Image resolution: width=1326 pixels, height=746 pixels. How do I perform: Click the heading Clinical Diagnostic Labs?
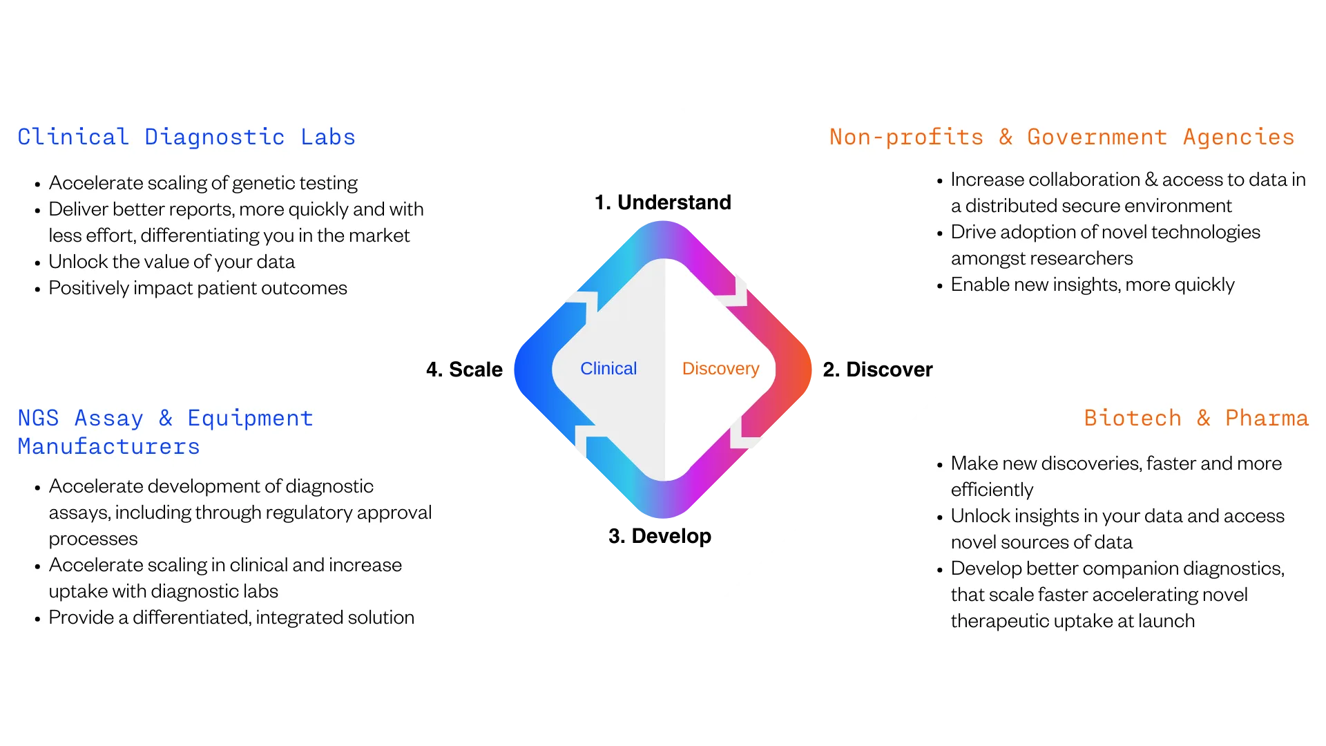coord(186,137)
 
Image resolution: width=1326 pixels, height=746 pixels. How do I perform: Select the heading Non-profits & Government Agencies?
coord(1061,137)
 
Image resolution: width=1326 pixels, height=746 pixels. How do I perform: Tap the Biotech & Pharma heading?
coord(1195,419)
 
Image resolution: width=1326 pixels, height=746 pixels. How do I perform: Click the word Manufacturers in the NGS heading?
coord(109,447)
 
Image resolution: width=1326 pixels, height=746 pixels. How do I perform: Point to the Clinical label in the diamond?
coord(608,369)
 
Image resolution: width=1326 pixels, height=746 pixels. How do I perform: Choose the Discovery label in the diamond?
coord(720,369)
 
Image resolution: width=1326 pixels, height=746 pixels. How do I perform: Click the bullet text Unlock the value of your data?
coord(171,262)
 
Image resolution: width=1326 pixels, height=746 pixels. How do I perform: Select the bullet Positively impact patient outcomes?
coord(198,288)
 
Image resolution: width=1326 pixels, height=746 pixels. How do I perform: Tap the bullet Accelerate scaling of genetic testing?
coord(203,183)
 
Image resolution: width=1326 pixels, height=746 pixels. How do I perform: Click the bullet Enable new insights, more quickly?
coord(1092,285)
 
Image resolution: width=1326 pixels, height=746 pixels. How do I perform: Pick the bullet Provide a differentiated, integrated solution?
coord(231,618)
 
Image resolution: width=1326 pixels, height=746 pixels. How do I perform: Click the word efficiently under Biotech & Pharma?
coord(992,490)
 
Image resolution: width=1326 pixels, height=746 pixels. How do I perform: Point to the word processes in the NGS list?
coord(93,539)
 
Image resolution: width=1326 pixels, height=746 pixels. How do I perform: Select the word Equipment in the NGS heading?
coord(250,419)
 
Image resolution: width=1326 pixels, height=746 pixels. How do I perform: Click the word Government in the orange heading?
coord(1097,137)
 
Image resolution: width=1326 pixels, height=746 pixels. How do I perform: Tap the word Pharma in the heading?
coord(1267,419)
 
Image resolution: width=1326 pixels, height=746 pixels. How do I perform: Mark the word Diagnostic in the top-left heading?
coord(214,137)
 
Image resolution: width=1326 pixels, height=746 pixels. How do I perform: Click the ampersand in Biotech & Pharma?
coord(1203,419)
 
